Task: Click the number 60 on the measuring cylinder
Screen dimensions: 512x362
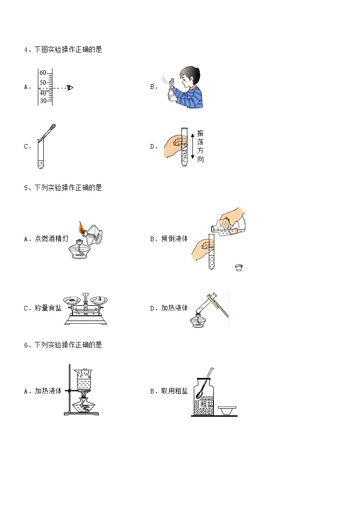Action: [43, 73]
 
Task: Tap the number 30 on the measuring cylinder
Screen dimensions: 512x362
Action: [43, 101]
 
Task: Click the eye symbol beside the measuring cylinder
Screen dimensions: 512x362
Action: [70, 88]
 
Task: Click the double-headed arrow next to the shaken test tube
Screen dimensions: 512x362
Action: [192, 145]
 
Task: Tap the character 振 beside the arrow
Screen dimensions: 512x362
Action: [200, 133]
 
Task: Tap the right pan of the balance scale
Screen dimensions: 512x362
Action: [99, 300]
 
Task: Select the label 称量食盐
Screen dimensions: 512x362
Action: [48, 308]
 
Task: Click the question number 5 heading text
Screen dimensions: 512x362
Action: [63, 187]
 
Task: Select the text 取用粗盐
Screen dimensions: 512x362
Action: [175, 391]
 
